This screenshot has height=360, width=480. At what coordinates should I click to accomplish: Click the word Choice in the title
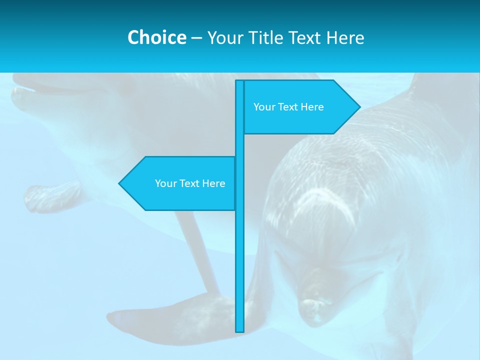tap(156, 37)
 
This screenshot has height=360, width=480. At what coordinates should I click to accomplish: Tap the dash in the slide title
tap(196, 38)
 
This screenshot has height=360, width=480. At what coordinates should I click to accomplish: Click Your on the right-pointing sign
tap(263, 107)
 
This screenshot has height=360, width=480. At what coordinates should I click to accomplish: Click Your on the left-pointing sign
tap(165, 183)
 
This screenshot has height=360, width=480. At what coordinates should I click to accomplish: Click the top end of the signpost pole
tap(240, 81)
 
